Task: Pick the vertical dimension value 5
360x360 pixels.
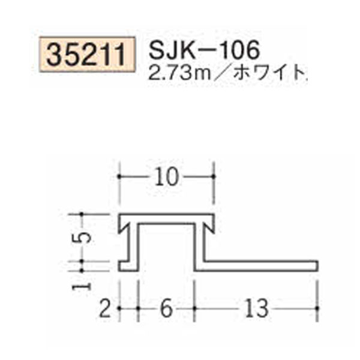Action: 86,236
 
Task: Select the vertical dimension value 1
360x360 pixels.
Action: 85,283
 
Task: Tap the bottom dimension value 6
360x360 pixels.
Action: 167,310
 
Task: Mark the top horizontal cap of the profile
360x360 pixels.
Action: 166,217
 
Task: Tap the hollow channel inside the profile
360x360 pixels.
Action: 167,246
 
